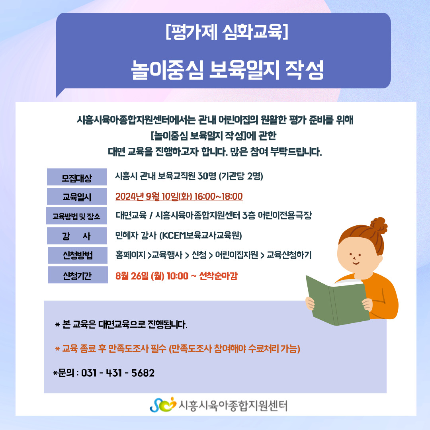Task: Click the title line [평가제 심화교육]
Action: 227,32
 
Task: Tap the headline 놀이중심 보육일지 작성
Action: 227,70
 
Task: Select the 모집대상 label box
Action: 77,177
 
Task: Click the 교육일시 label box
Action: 77,196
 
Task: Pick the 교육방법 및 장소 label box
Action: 76,216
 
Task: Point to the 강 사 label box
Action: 77,236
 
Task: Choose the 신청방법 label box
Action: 78,255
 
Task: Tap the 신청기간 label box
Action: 78,275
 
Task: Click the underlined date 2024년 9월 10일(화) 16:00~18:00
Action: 179,197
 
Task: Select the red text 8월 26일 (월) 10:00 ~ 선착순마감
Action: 176,276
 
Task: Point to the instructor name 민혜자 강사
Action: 136,236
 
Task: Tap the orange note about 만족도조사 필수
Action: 178,349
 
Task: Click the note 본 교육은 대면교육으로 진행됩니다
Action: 121,325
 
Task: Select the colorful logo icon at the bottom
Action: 163,405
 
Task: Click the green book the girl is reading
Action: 338,301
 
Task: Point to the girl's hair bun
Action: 379,225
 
